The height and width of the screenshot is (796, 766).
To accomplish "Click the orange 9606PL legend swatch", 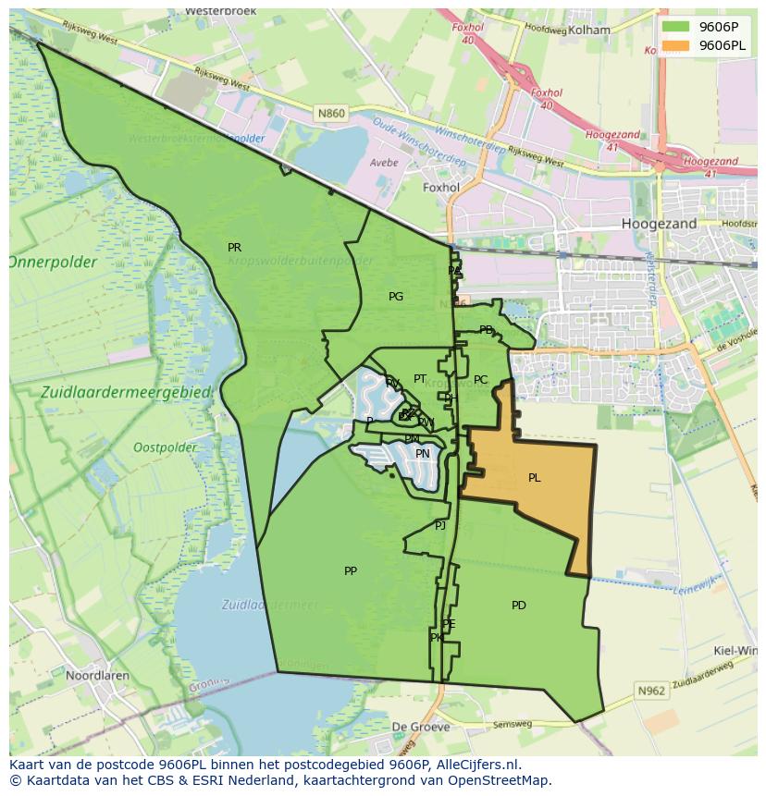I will pos(675,45).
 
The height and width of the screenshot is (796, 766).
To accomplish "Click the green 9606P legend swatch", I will pos(675,26).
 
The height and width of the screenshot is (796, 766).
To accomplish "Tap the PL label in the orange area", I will pos(534,478).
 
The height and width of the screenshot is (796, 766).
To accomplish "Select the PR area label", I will pos(234,248).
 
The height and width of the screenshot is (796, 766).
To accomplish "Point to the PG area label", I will pos(396,297).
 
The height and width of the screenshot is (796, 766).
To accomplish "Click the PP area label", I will pos(350,571).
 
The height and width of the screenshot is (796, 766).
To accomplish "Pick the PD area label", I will pos(518,606).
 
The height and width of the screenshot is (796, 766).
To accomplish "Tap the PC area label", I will pos(480,380).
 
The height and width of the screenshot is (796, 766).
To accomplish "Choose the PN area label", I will pos(422,454).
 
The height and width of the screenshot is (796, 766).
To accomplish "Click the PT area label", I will pos(420,379).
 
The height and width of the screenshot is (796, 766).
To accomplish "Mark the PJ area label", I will pos(440,525).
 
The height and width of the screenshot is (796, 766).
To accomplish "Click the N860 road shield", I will pos(330,114).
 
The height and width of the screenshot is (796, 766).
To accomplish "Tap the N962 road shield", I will pos(650,691).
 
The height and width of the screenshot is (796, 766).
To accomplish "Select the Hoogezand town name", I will pos(659,224).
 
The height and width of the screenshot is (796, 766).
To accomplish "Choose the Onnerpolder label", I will pos(53,263).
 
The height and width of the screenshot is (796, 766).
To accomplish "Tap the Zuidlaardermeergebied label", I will pos(127,393).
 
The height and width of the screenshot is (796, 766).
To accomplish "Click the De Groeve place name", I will pos(420,728).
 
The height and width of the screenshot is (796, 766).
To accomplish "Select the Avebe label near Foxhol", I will pos(383,163).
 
